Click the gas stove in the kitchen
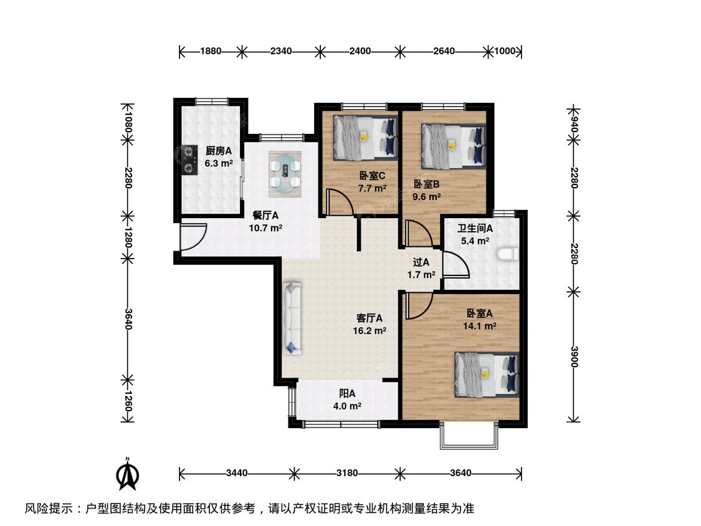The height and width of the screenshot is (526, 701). pyautogui.click(x=191, y=159)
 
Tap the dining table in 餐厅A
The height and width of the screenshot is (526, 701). pyautogui.click(x=285, y=174)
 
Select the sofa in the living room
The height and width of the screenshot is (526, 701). pyautogui.click(x=292, y=318)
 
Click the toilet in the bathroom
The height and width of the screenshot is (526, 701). pyautogui.click(x=508, y=254)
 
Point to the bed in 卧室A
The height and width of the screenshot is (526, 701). pyautogui.click(x=487, y=375)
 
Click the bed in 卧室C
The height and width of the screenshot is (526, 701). pyautogui.click(x=365, y=138)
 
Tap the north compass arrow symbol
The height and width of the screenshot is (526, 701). pyautogui.click(x=128, y=474)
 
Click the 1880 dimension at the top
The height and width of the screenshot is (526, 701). pyautogui.click(x=211, y=51)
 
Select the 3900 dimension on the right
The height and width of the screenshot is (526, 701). pyautogui.click(x=574, y=356)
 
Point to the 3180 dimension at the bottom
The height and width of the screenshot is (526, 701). pyautogui.click(x=347, y=473)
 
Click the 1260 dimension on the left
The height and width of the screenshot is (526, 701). pyautogui.click(x=128, y=401)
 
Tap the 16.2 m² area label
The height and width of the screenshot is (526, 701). pyautogui.click(x=370, y=331)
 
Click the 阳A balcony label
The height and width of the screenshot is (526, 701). pyautogui.click(x=347, y=394)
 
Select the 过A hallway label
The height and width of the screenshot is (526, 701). pyautogui.click(x=421, y=262)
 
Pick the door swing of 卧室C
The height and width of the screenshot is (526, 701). pyautogui.click(x=340, y=202)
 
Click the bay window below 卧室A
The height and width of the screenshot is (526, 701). pyautogui.click(x=469, y=434)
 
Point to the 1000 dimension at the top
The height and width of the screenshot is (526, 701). pyautogui.click(x=504, y=51)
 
